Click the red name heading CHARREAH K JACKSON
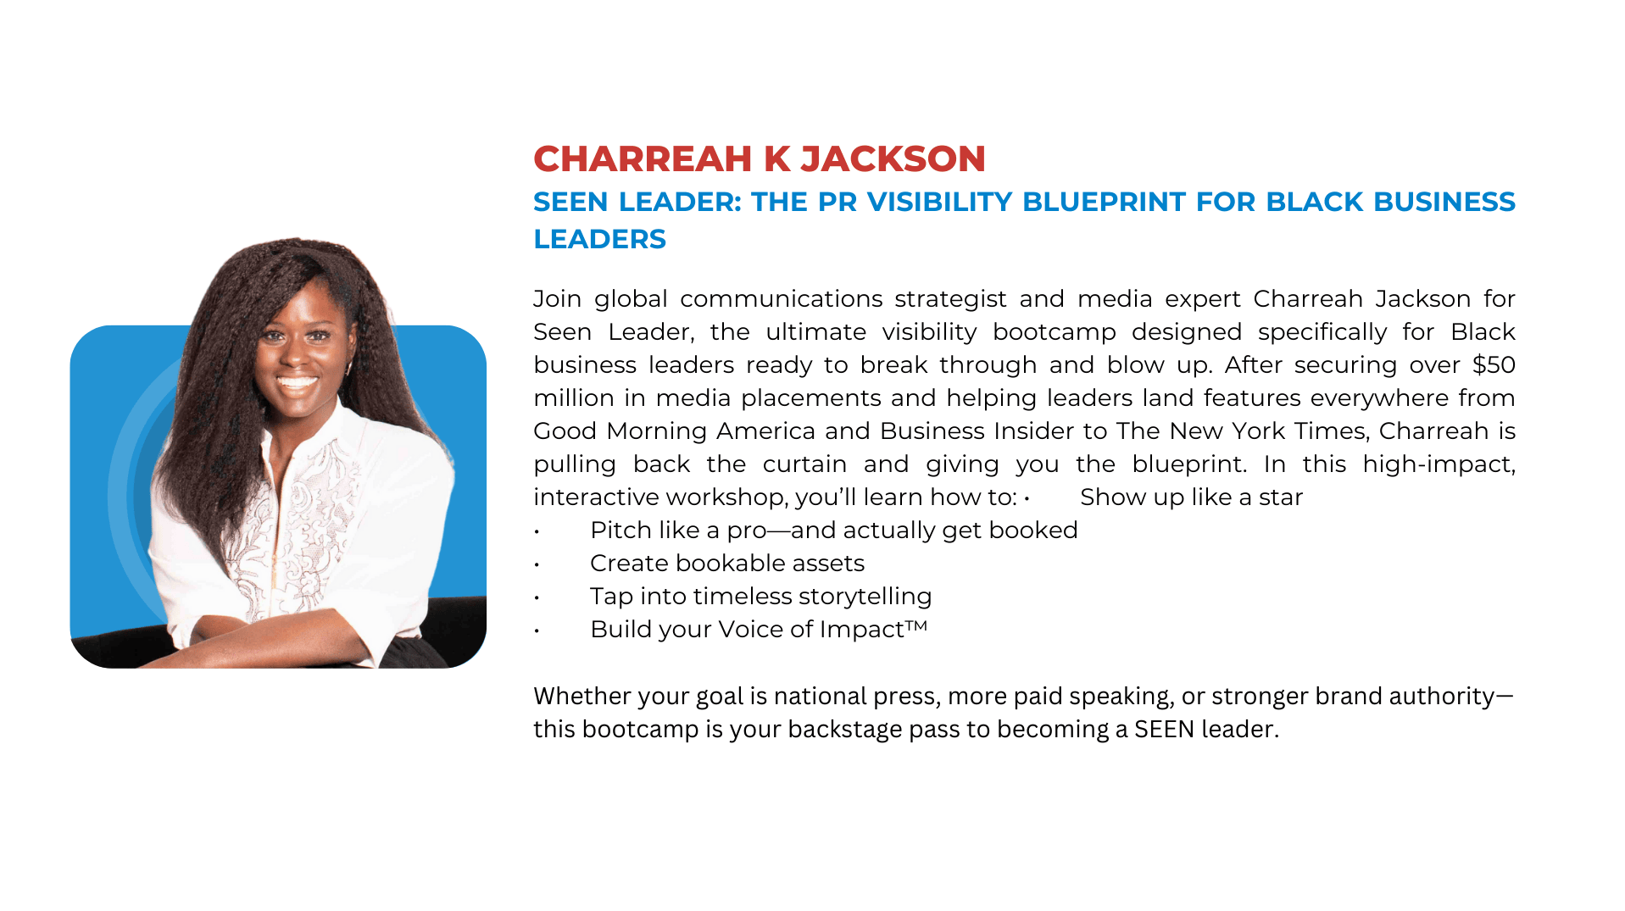click(x=760, y=158)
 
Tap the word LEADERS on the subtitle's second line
click(x=599, y=239)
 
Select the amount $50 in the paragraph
click(x=1494, y=364)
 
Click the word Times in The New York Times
click(x=1332, y=431)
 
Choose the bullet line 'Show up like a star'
click(x=1191, y=497)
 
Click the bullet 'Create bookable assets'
click(x=727, y=563)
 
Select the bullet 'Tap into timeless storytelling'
click(x=761, y=596)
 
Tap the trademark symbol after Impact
click(x=916, y=625)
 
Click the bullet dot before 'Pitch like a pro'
click(x=537, y=531)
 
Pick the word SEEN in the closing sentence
click(x=1165, y=729)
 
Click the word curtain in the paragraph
click(x=804, y=464)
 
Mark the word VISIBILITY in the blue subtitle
click(x=939, y=202)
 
